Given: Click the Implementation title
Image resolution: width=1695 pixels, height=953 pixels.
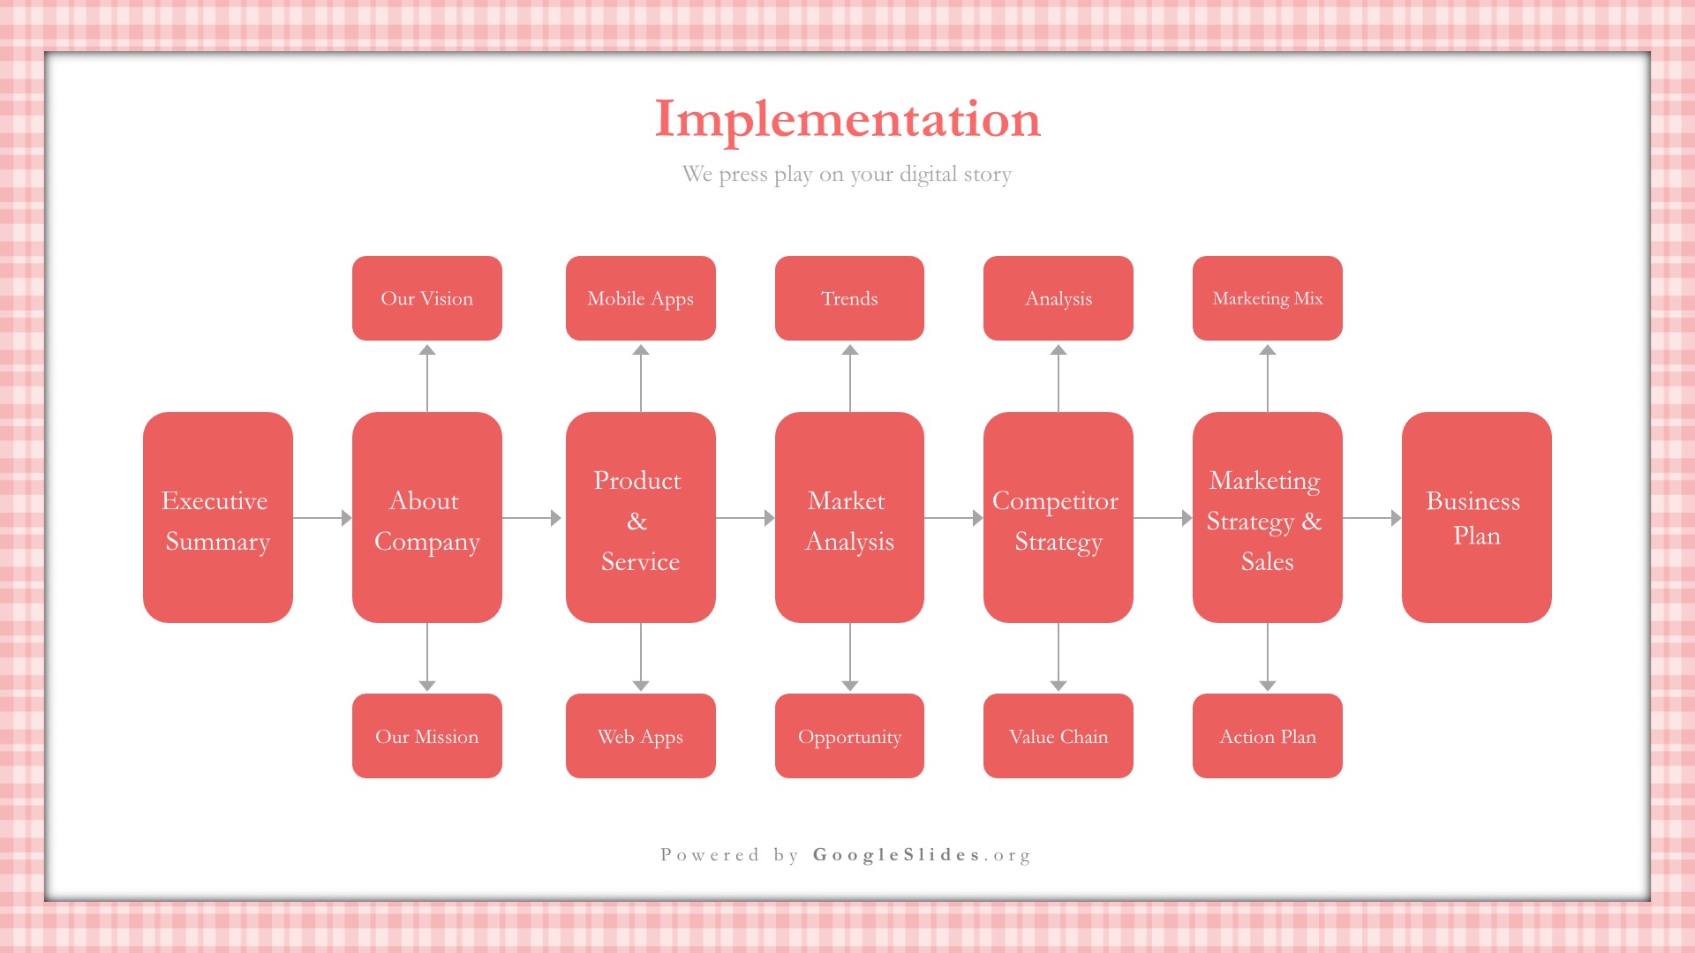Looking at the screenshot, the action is coord(847,120).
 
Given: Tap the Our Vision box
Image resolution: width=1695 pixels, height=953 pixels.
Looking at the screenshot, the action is coord(427,298).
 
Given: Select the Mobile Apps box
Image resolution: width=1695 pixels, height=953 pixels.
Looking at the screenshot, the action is coord(641,298).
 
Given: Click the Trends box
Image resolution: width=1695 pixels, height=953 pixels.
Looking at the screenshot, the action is coord(849,298).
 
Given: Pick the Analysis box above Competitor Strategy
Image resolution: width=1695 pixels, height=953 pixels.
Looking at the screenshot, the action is coord(1058,298).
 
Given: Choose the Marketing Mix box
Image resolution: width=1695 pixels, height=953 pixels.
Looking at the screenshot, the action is coord(1268,298).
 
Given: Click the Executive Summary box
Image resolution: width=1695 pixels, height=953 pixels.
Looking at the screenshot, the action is coord(218,517).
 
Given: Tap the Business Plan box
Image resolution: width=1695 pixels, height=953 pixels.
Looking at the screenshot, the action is coord(1477,517).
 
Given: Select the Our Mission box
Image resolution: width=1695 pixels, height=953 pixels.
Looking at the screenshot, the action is coord(427,736).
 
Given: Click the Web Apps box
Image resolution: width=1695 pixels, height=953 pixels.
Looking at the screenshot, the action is coord(641,736).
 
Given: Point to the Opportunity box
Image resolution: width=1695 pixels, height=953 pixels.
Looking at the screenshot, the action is coord(849,736).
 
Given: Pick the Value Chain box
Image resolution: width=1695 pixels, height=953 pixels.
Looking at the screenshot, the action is coord(1058,736).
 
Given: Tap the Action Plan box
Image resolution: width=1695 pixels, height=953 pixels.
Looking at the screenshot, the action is coord(1268,736).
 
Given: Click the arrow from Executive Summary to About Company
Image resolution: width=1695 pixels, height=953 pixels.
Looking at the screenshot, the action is coord(322,518).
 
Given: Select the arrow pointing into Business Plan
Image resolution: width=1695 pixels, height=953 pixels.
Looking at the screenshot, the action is coord(1372,518).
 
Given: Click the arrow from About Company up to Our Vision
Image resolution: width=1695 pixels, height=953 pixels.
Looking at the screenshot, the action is coord(427,378).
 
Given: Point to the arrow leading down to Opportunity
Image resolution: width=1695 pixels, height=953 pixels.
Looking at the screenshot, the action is coord(850,657).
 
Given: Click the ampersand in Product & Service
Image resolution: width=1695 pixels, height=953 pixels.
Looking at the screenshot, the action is coord(637,522).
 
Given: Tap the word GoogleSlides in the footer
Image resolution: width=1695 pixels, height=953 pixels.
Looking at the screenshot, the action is coord(897,854).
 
